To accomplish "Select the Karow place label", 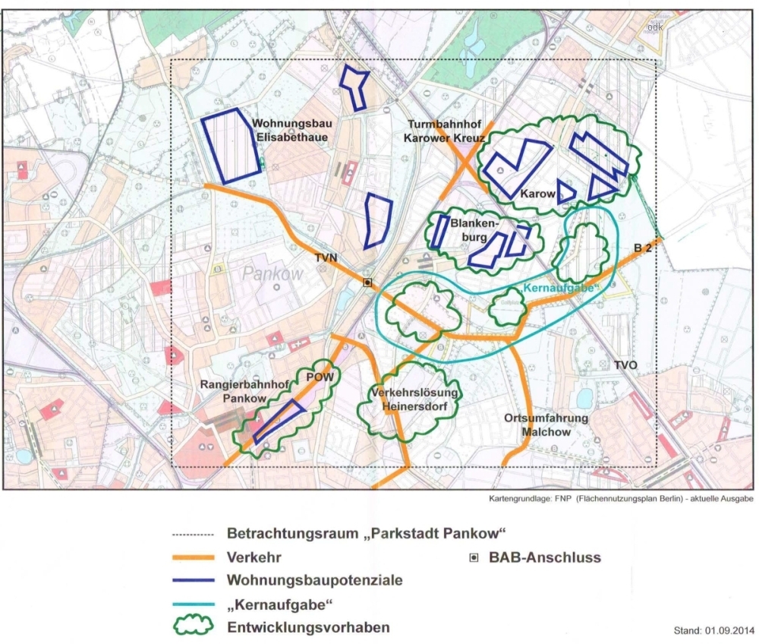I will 537,194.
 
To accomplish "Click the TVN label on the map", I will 326,259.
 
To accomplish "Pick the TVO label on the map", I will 626,365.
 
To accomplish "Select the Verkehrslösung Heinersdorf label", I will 415,399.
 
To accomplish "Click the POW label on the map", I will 318,377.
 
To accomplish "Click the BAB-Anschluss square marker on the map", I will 367,283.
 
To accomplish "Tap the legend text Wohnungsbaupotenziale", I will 314,580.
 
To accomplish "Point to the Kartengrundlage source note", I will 621,499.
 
